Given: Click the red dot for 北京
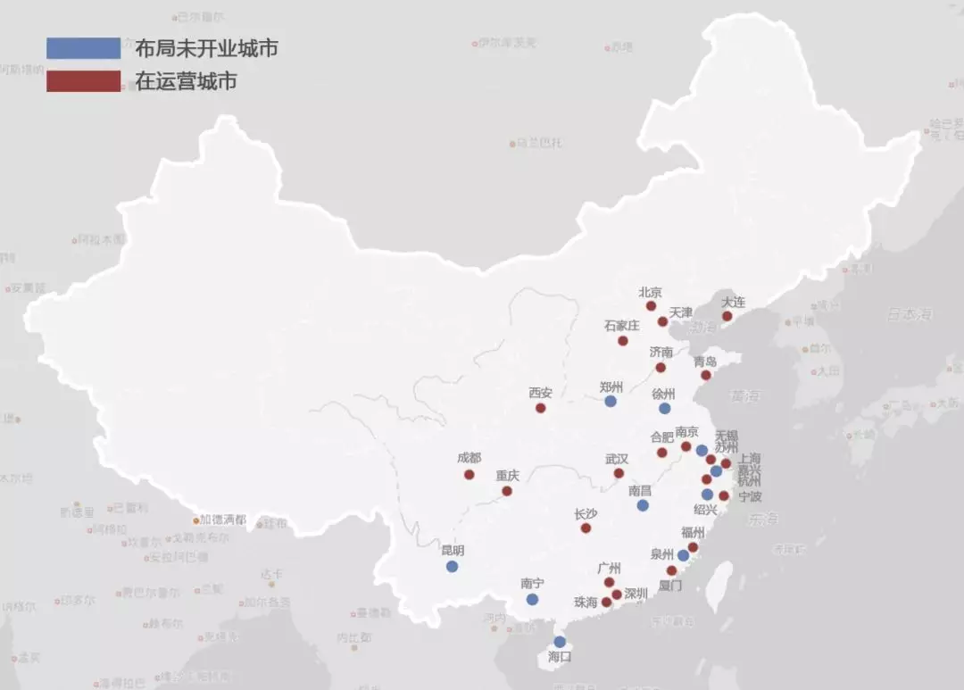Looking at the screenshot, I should point(652,306).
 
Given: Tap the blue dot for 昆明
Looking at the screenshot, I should point(452,566).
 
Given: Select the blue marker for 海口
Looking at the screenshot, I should point(560,642).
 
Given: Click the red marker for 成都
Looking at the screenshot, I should point(469,474).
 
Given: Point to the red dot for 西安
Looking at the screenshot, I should point(540,408).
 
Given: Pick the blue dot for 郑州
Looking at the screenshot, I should point(611,402).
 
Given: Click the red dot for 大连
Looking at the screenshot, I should point(727,316).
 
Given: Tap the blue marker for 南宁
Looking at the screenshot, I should point(532,600).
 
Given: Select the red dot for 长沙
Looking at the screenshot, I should point(586,528).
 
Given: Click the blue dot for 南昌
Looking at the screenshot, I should point(643,505).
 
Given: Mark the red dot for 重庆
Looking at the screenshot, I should point(507,491).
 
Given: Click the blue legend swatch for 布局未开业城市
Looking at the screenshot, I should point(83,48).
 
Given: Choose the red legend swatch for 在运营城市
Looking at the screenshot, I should point(83,81).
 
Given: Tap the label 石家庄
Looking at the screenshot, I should point(621,326).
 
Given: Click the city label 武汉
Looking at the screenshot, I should point(617,459).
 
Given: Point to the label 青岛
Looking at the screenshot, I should point(705,362).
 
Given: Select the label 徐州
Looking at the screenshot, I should point(664,394).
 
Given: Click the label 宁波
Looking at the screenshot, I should point(750,496).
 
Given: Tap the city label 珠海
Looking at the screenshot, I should point(586,603).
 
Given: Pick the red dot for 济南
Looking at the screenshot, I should point(661,367).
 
